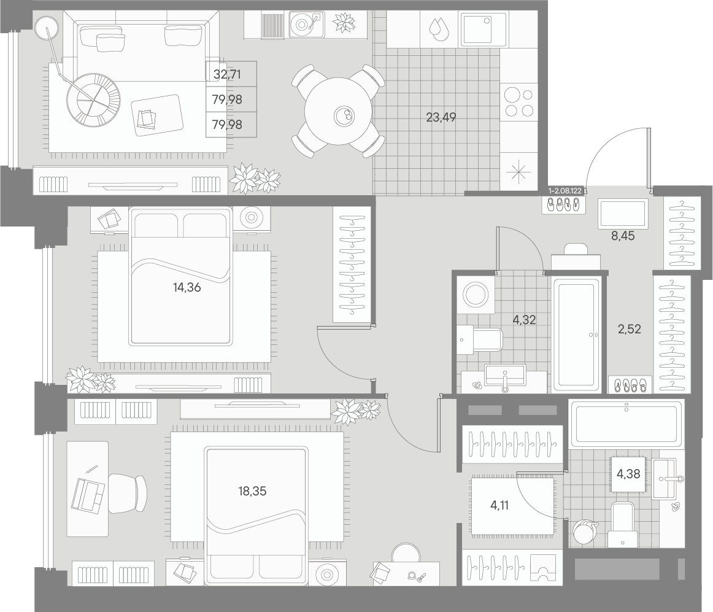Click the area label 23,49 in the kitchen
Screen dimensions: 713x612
point(441,117)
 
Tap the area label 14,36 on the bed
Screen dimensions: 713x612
point(187,287)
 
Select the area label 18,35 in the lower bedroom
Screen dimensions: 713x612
point(252,491)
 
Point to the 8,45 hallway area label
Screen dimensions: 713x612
point(623,236)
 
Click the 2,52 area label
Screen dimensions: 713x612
point(630,328)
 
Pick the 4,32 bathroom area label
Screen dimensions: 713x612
point(524,319)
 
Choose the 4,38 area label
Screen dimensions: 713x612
point(628,474)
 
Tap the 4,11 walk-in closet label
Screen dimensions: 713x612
point(499,505)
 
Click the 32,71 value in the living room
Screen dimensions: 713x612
point(227,74)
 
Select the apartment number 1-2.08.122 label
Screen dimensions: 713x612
point(565,191)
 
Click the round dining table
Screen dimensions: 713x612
point(339,111)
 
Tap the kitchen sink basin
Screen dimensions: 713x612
point(484,29)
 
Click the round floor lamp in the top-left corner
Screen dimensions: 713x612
point(47,28)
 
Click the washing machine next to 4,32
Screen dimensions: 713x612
point(476,295)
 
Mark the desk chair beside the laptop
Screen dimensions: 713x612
point(128,493)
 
